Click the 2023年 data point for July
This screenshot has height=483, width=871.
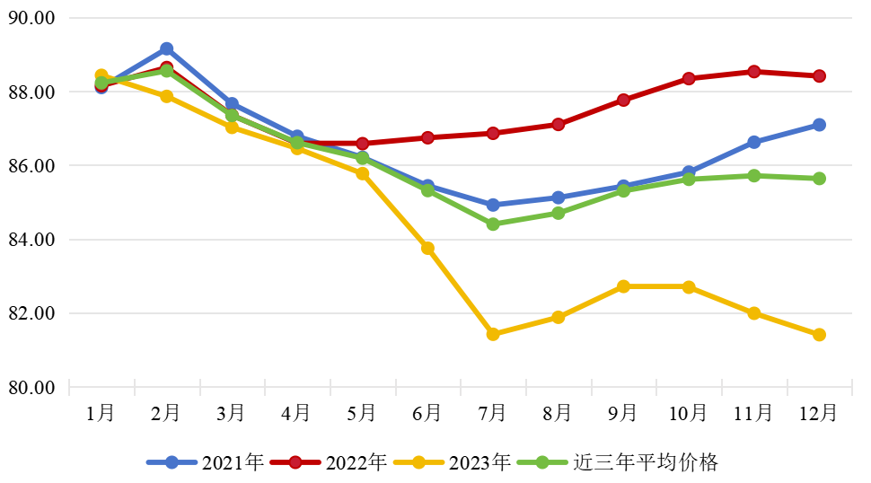point(493,334)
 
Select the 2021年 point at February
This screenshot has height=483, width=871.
point(167,48)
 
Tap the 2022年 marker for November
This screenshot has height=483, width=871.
point(754,72)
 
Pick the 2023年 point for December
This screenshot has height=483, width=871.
point(819,335)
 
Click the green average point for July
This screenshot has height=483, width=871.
point(493,224)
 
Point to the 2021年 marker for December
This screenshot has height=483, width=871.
point(819,125)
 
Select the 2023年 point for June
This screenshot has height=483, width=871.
point(428,248)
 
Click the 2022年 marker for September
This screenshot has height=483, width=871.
point(623,100)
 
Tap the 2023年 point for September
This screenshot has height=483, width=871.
point(623,286)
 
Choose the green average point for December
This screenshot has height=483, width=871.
point(819,179)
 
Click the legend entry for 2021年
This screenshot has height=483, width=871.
point(206,462)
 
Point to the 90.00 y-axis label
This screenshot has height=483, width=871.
point(31,18)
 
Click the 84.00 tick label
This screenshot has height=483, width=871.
point(31,240)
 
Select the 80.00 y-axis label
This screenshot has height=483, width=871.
point(31,388)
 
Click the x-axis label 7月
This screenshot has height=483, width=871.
point(492,413)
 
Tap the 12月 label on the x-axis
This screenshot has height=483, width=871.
point(818,413)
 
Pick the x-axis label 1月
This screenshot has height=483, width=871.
point(101,413)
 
